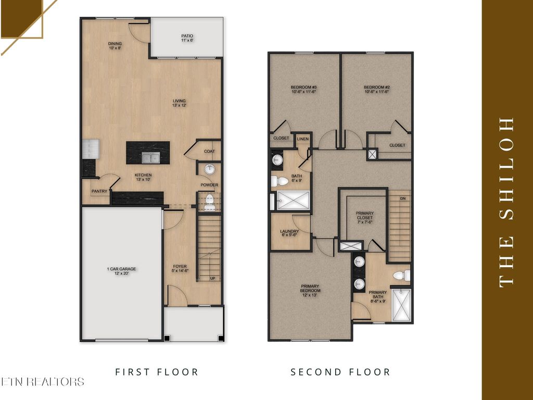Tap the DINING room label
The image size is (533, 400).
point(115,43)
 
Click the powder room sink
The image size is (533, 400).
point(209,169)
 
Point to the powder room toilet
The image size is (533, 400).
point(209,202)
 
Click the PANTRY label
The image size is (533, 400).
point(99,191)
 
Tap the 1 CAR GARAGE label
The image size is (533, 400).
point(121,269)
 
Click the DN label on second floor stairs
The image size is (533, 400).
point(402,198)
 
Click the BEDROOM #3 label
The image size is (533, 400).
point(304,87)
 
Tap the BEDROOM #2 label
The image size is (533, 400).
point(376,87)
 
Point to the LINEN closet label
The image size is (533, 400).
point(302,139)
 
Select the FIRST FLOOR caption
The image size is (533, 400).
point(157,372)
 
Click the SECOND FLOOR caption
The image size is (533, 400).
point(340,372)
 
